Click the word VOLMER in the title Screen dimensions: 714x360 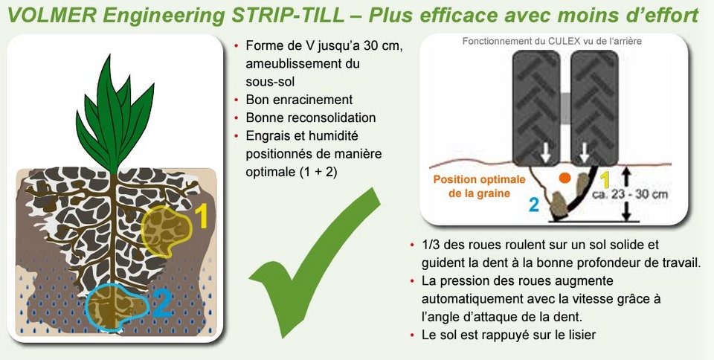52,16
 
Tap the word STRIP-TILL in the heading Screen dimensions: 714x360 288,16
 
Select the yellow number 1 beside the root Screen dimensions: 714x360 202,216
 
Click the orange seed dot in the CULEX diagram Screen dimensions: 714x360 565,179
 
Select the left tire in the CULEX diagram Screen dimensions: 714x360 536,107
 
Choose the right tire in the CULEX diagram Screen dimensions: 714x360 594,107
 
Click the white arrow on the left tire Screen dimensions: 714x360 545,155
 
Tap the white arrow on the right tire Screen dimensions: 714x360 585,155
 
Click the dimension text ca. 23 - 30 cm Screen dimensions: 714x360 630,195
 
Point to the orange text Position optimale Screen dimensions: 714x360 479,179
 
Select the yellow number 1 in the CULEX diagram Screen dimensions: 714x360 605,179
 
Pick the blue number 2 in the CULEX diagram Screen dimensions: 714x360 534,205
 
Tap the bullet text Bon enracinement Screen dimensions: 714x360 299,100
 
